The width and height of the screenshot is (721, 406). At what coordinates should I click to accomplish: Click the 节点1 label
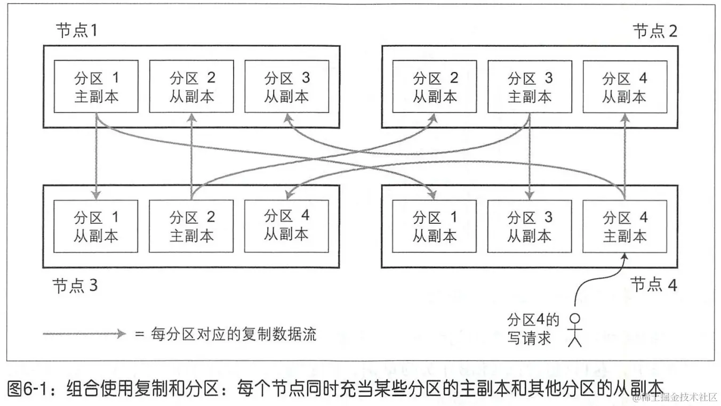[x=76, y=31]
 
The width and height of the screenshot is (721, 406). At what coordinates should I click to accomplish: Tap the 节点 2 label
[x=655, y=31]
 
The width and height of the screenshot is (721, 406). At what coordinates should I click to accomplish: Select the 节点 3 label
[x=75, y=286]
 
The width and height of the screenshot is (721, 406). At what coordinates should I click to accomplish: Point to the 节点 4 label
[x=653, y=285]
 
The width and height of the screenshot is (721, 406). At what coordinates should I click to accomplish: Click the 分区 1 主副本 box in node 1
[x=96, y=86]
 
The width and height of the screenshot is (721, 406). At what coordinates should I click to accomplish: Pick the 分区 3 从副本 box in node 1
[x=286, y=86]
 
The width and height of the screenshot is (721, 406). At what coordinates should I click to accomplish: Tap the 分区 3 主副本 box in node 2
[x=530, y=86]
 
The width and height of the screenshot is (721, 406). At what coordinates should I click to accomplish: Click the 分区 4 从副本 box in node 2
[x=624, y=86]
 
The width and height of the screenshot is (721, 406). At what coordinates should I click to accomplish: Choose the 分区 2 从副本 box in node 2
[x=435, y=86]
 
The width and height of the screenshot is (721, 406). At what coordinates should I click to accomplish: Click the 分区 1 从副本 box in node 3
[x=96, y=226]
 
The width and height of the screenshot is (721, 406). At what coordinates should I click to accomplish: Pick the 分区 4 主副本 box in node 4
[x=624, y=226]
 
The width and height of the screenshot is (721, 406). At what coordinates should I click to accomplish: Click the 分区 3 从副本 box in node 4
[x=530, y=226]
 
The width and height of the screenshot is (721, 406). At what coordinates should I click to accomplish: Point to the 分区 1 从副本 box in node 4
[x=435, y=226]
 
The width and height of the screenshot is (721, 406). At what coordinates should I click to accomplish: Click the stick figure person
[x=574, y=330]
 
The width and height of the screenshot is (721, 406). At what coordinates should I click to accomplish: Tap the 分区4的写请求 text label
[x=533, y=329]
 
